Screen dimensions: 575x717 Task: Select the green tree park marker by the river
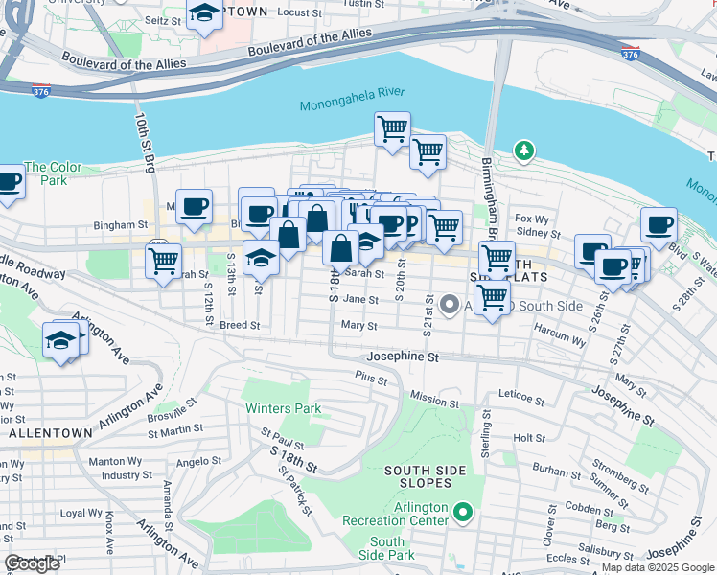[523, 150]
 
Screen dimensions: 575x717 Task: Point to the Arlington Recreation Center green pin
[463, 514]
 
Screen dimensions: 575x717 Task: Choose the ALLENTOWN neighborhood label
[49, 433]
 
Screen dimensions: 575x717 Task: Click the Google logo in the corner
[32, 563]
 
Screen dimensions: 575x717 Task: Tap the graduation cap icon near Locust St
[204, 14]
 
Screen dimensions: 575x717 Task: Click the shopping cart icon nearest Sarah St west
[164, 259]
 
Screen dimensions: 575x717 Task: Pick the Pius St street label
[371, 379]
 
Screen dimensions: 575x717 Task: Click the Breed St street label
[240, 325]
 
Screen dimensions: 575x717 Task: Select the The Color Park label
[53, 173]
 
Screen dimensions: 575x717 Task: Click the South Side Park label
[387, 548]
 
